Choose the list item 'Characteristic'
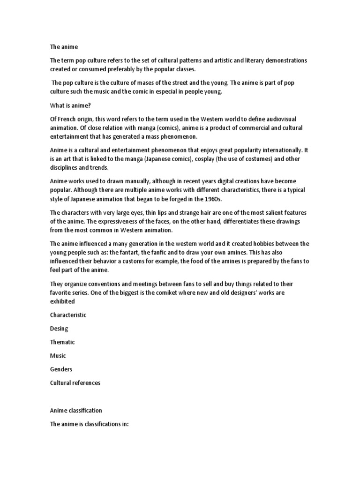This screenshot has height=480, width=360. click(x=68, y=315)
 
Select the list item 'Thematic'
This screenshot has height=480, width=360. click(x=62, y=342)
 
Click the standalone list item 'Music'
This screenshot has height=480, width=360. click(x=59, y=356)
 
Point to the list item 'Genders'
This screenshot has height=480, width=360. click(x=61, y=369)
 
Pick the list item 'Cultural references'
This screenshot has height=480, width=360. click(x=75, y=383)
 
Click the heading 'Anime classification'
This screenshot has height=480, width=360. click(x=76, y=410)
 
